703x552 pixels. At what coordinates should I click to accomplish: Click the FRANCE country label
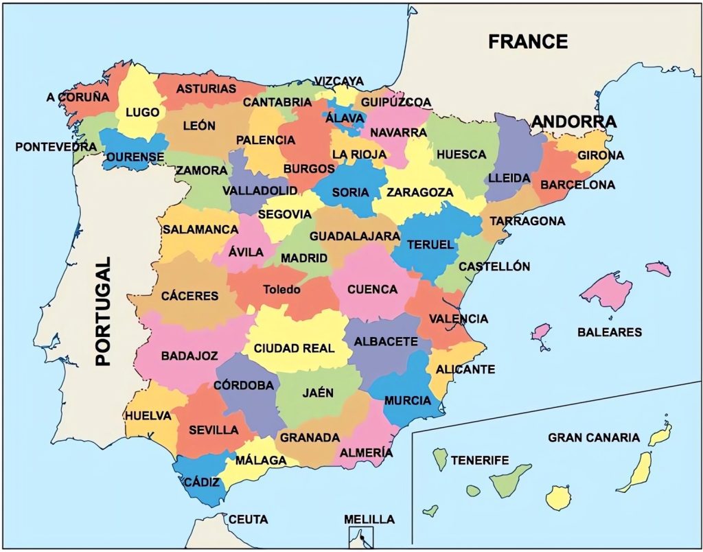pyautogui.click(x=528, y=41)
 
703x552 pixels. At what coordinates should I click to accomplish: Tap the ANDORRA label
pyautogui.click(x=574, y=122)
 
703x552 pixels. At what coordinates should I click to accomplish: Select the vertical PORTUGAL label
pyautogui.click(x=103, y=312)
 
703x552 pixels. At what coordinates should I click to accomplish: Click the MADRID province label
pyautogui.click(x=304, y=258)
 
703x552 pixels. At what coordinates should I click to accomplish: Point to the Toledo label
pyautogui.click(x=281, y=290)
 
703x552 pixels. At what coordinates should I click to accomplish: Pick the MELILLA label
pyautogui.click(x=369, y=518)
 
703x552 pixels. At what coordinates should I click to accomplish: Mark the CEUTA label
pyautogui.click(x=248, y=519)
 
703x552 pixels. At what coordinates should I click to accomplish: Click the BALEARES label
pyautogui.click(x=609, y=332)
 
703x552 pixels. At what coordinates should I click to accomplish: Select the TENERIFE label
pyautogui.click(x=480, y=460)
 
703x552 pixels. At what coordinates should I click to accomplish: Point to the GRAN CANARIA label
pyautogui.click(x=594, y=437)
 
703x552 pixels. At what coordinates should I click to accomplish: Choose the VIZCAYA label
pyautogui.click(x=339, y=81)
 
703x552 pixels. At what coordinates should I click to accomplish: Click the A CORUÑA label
pyautogui.click(x=78, y=97)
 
